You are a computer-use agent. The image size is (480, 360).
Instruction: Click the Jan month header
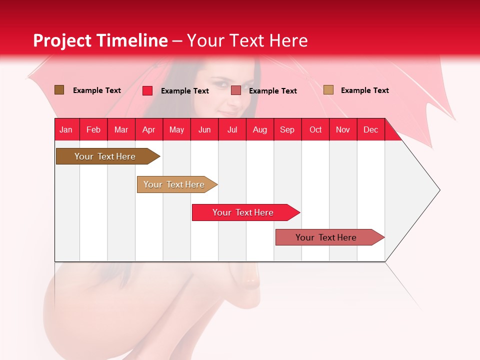[x=66, y=129]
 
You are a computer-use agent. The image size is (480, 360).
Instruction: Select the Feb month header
[x=93, y=129]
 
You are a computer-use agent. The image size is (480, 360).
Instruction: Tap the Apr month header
[x=148, y=129]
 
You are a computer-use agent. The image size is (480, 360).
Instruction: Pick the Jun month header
[x=204, y=129]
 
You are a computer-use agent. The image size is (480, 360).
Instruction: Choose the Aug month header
[x=259, y=129]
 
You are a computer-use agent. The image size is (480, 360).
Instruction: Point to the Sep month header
[x=287, y=129]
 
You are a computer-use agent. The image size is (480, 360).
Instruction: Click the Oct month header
[x=315, y=129]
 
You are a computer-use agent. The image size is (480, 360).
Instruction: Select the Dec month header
[x=370, y=129]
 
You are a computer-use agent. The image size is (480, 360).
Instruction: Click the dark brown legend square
[x=59, y=90]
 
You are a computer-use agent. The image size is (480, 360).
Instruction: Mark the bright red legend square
[x=147, y=90]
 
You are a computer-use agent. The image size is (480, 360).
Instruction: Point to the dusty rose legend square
[x=236, y=90]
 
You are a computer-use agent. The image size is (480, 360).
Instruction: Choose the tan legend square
[x=328, y=90]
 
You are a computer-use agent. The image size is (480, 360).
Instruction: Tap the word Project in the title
[x=62, y=40]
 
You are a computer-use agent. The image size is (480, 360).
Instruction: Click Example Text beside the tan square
[x=364, y=90]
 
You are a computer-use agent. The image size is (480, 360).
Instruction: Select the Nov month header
[x=343, y=129]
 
